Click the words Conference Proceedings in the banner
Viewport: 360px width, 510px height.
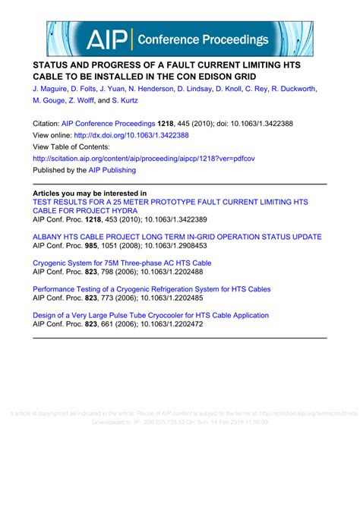204,39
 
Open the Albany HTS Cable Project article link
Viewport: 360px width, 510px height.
177,237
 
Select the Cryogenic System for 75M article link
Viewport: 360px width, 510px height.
122,263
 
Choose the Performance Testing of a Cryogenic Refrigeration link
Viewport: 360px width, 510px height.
152,289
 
